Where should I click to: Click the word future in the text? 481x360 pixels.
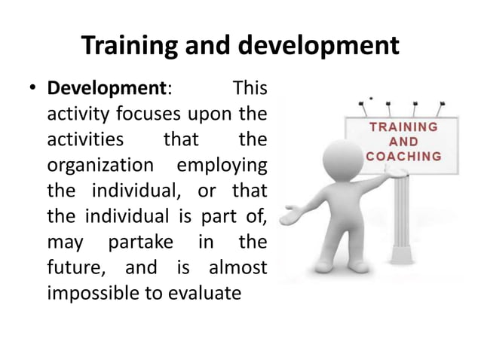[x=72, y=267]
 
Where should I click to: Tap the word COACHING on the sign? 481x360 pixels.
[x=403, y=157]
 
